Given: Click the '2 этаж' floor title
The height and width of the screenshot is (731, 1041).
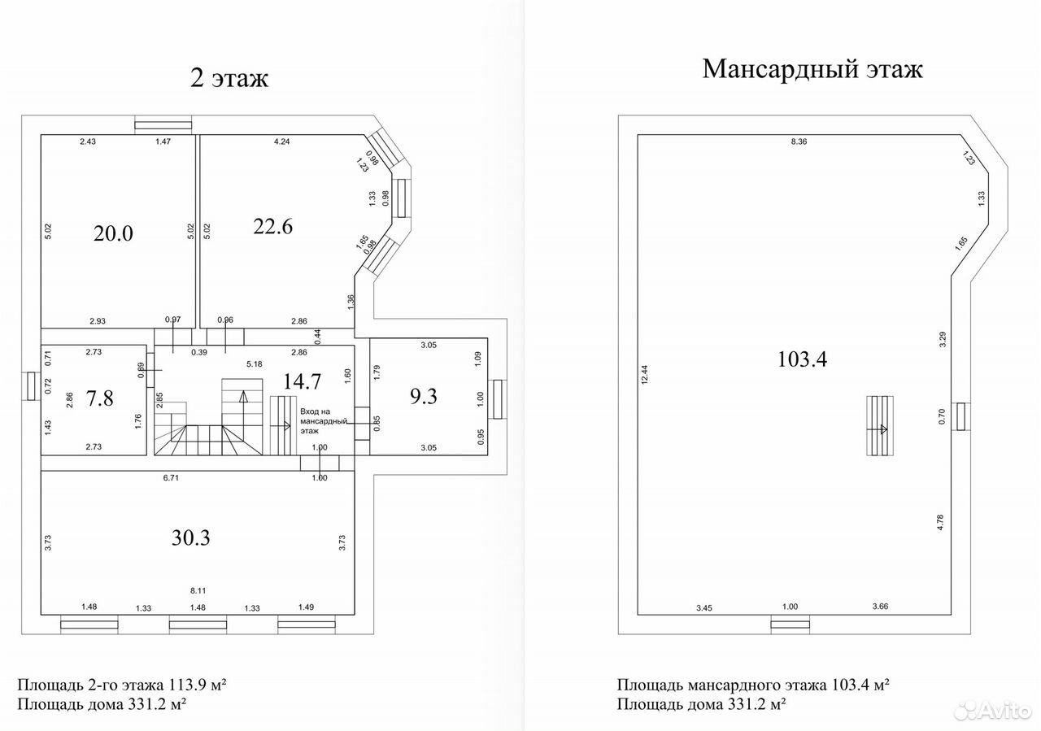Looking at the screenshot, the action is tap(229, 78).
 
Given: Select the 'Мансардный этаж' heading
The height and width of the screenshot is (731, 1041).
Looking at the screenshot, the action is tap(812, 70).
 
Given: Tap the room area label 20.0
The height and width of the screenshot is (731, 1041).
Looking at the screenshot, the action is tap(113, 233).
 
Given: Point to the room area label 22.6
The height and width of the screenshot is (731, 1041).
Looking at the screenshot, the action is tap(272, 227).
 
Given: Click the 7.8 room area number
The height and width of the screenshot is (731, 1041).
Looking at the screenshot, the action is tap(100, 398).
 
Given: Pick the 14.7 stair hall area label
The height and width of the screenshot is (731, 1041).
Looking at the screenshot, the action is tap(302, 381).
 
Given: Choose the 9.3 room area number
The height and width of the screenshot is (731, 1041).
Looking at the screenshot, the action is tap(424, 397).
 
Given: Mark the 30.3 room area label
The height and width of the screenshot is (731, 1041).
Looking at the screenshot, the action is tap(191, 537).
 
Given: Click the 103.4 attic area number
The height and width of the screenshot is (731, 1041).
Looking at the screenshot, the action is tap(803, 359).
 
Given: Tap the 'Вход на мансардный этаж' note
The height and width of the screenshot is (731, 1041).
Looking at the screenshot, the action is tap(324, 421).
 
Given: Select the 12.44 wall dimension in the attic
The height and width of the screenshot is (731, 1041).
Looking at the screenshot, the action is tap(645, 375).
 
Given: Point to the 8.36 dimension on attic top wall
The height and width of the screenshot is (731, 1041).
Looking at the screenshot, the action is tap(799, 141).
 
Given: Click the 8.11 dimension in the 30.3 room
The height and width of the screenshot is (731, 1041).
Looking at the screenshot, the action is tap(198, 590).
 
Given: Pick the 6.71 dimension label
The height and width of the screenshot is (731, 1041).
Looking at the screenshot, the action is tap(171, 478).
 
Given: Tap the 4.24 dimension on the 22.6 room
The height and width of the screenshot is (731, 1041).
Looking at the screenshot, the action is tap(282, 141).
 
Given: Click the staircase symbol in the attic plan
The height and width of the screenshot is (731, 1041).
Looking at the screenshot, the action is tap(880, 425).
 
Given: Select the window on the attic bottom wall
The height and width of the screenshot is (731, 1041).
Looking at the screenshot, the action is tap(790, 624).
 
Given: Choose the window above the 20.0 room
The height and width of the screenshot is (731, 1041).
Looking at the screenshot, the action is tap(163, 125).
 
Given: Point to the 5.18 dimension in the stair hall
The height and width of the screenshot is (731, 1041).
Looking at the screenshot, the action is tap(255, 364).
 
